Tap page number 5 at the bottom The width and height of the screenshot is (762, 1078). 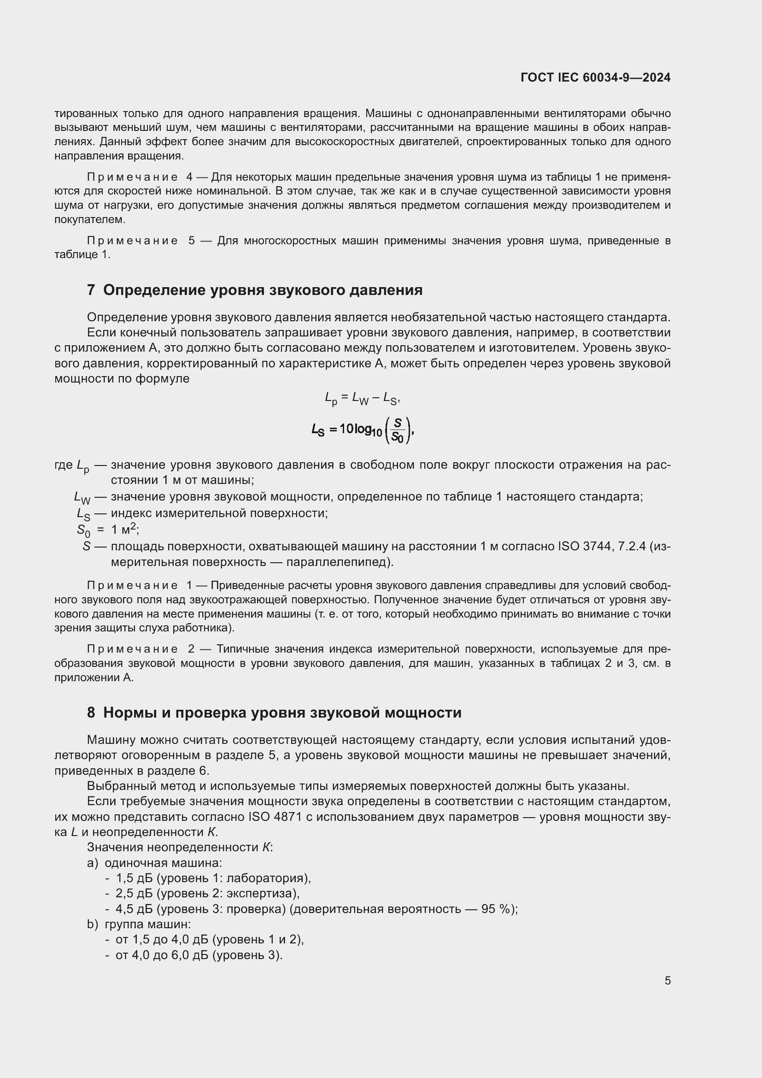[667, 980]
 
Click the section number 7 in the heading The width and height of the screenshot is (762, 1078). [91, 290]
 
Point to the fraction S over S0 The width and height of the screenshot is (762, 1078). [398, 430]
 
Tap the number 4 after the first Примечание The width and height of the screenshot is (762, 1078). [189, 177]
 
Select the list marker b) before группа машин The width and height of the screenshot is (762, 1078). [92, 924]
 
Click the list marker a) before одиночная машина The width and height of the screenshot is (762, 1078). [92, 863]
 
